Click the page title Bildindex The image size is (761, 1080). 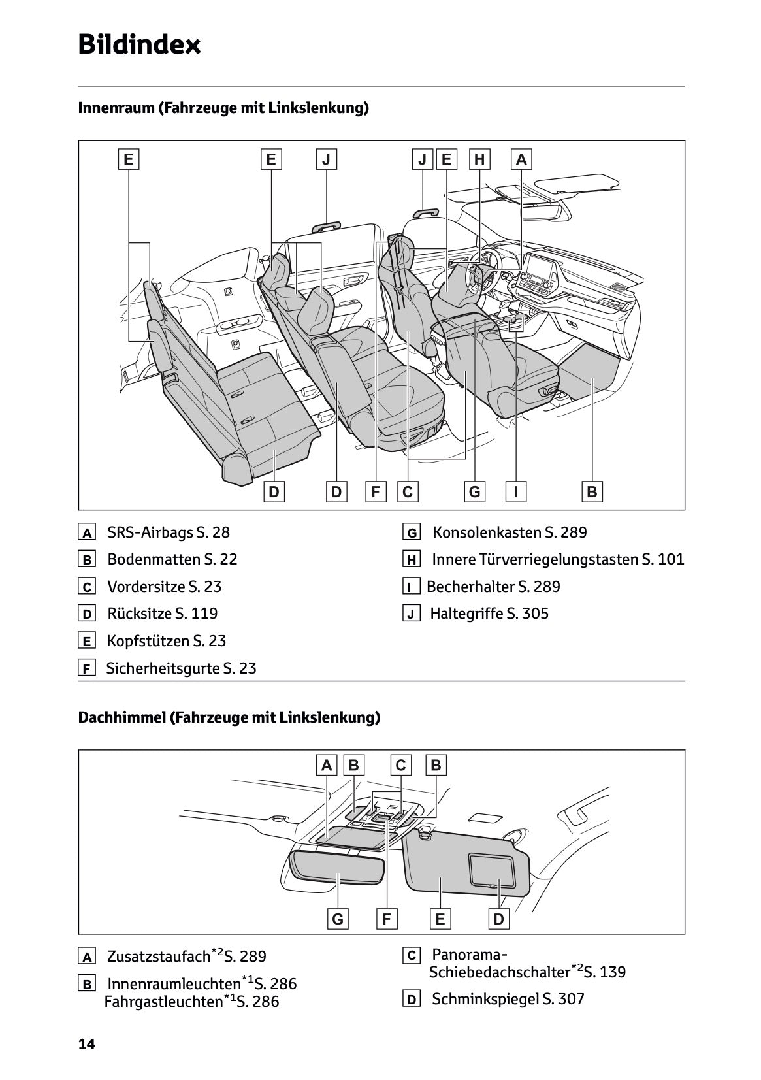point(139,45)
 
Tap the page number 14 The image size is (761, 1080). point(86,1045)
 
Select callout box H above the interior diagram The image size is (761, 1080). point(479,159)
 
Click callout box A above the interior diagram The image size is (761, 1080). point(521,159)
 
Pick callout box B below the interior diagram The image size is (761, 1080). point(592,491)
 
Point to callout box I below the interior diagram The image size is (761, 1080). point(516,491)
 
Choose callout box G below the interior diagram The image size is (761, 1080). point(474,491)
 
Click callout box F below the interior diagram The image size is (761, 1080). point(376,491)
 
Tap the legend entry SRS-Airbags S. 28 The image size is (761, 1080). point(168,532)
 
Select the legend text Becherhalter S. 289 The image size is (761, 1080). point(493,587)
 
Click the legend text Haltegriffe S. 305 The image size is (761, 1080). point(489,614)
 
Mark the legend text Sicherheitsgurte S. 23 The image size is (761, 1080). point(181,668)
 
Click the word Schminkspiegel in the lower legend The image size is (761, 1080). point(485,999)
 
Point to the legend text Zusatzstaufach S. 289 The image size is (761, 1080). point(186,957)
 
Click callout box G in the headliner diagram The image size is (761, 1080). point(338,919)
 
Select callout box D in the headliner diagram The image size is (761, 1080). point(499,919)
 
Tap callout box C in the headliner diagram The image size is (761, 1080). point(401,765)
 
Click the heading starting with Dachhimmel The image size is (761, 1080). point(229,717)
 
